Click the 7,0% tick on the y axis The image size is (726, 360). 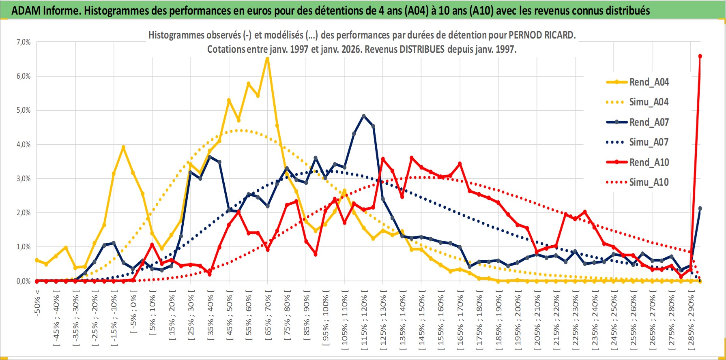[24, 42]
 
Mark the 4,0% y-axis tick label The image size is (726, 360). [24, 145]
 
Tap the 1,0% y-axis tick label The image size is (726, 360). [24, 247]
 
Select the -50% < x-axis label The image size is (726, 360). [37, 301]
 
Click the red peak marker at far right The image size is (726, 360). [700, 56]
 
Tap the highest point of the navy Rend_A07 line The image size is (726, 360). [363, 116]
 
